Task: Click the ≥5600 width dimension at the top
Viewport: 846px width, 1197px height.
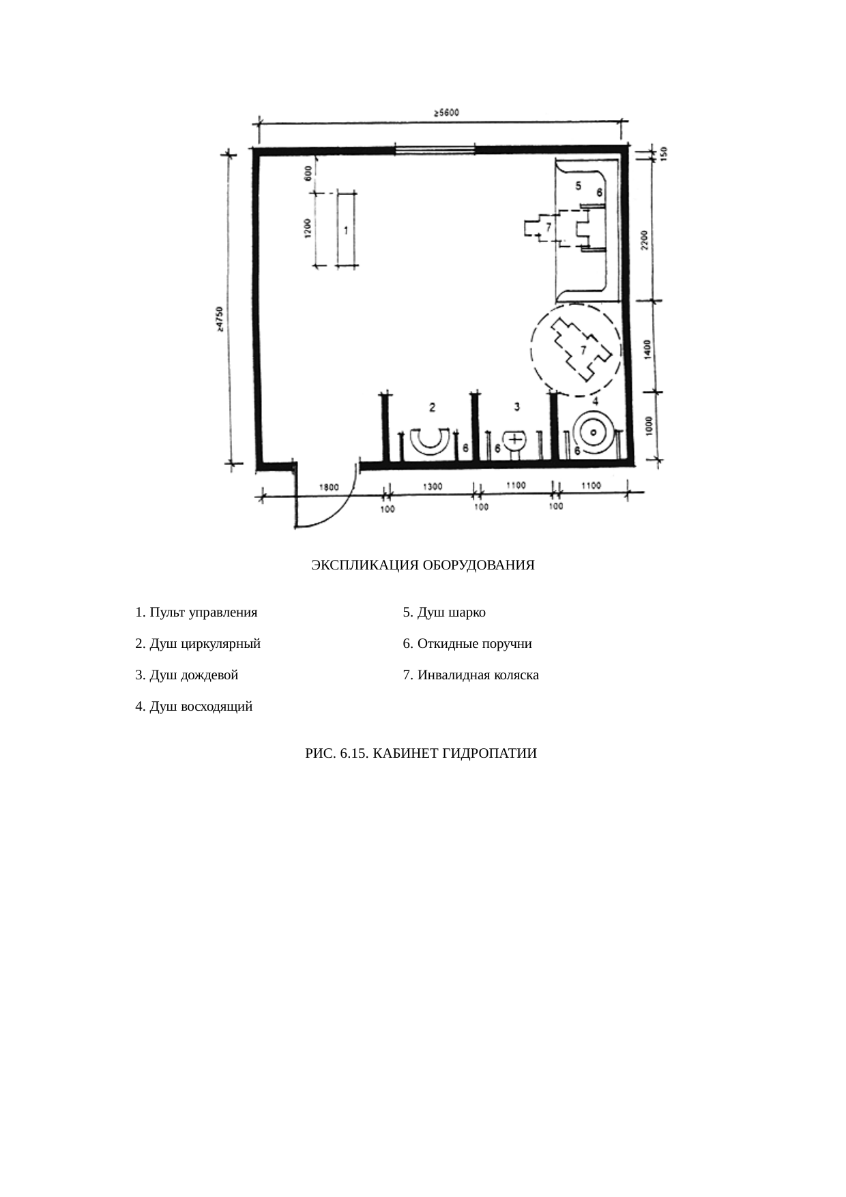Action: [447, 113]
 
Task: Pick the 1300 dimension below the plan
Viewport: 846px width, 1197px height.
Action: [433, 487]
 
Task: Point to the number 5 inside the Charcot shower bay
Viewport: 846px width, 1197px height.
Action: [578, 186]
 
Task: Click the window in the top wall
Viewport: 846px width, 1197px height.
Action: [435, 149]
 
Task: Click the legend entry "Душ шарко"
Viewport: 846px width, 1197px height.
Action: [444, 612]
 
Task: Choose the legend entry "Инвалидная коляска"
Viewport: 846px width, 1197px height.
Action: [471, 675]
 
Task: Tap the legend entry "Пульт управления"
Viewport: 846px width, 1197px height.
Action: [196, 612]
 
